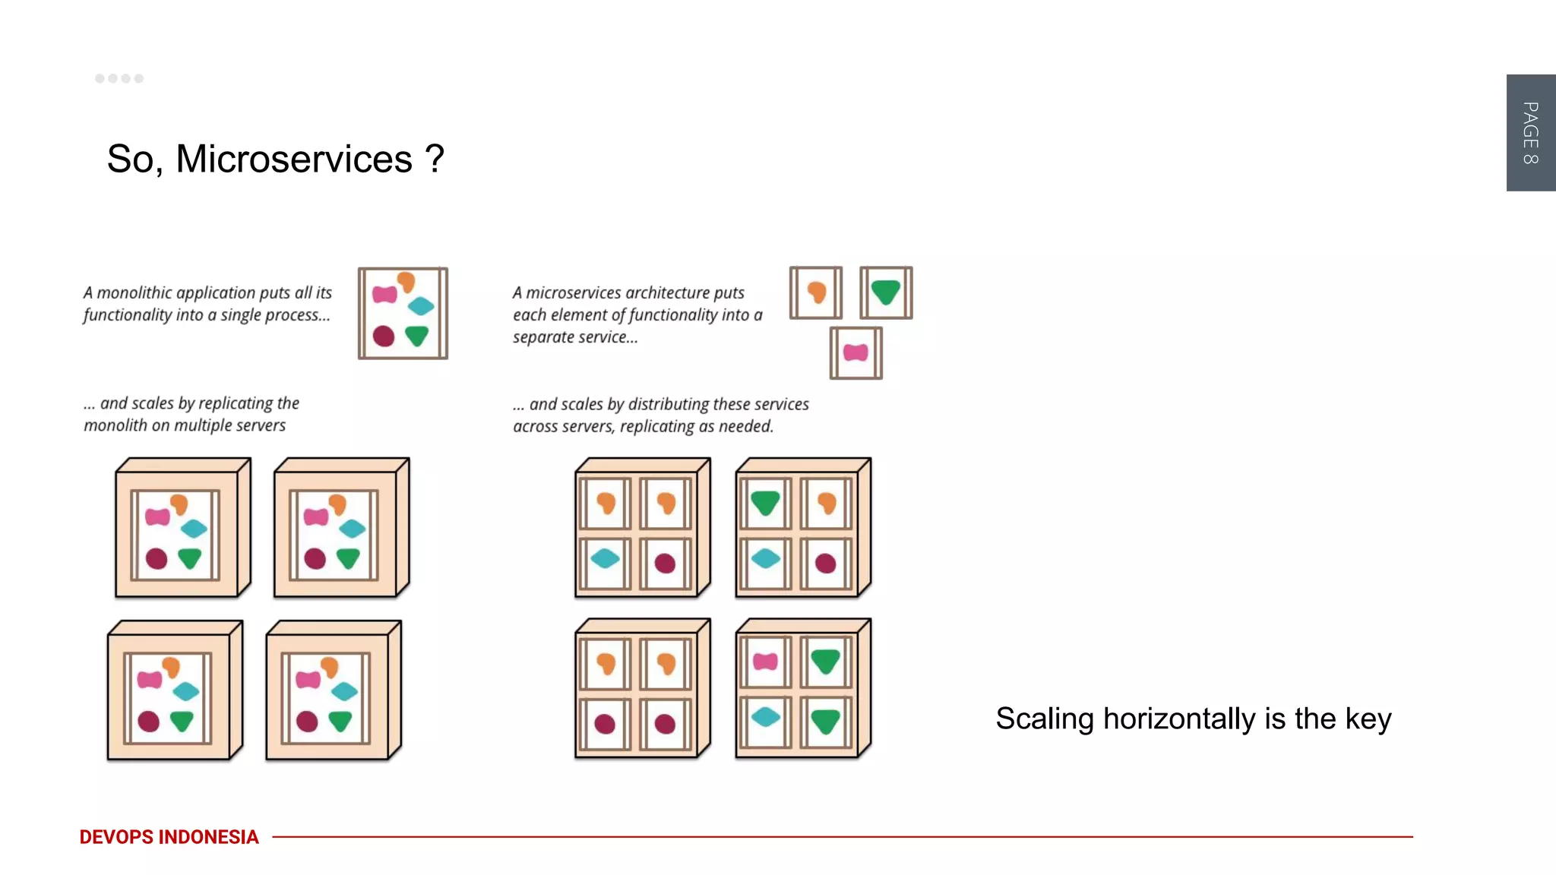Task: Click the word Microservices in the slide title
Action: [294, 160]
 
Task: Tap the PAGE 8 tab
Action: [1530, 133]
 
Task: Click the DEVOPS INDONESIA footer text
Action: [169, 837]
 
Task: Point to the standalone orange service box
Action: [816, 292]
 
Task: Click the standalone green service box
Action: [886, 292]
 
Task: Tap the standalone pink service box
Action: [855, 353]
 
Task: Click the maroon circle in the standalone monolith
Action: [384, 336]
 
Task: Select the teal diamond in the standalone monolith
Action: [420, 306]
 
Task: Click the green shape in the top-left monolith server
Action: [190, 558]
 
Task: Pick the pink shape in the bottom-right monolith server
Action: [308, 679]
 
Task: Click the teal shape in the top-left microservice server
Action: [605, 559]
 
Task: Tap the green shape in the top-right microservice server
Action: [765, 502]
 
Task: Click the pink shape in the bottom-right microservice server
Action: [765, 662]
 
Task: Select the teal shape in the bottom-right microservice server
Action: [765, 716]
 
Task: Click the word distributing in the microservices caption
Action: [669, 405]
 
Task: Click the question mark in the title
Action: [435, 160]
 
